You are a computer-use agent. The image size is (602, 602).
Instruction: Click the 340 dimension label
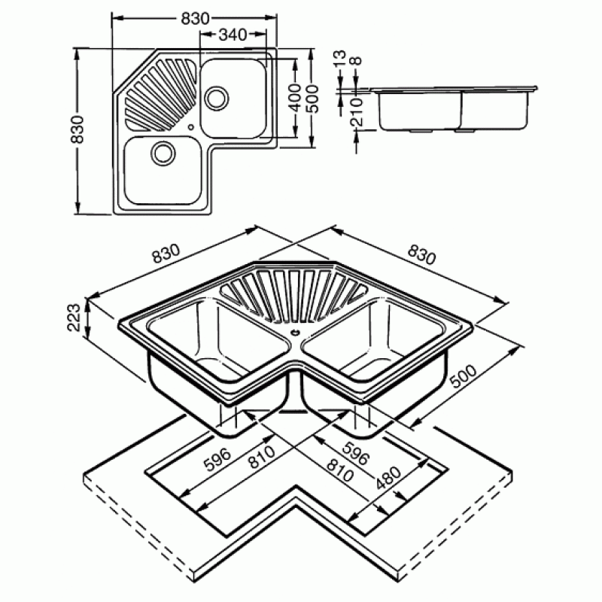pos(233,35)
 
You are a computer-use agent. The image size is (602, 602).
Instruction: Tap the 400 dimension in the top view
pos(295,98)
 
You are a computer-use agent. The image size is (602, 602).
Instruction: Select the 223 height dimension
pos(74,317)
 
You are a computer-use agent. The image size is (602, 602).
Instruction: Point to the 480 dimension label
pos(388,478)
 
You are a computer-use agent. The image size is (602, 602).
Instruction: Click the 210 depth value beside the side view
pos(357,111)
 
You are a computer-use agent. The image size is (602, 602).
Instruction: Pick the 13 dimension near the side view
pos(339,59)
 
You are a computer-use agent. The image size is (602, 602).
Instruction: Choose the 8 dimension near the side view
pos(356,61)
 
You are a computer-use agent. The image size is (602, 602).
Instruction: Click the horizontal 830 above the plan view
pos(196,18)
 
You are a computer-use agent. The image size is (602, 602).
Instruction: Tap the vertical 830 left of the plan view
pos(78,129)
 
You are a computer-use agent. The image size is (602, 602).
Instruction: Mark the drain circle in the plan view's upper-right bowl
pos(217,97)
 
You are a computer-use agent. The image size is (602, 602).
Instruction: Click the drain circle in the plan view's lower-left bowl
pos(163,153)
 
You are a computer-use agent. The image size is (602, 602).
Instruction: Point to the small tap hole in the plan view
pos(191,127)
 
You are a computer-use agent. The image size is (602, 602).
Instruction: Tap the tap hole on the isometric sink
pos(295,333)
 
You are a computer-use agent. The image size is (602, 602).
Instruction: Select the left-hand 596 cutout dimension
pos(217,459)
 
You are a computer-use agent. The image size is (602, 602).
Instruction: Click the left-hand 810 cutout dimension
pos(262,457)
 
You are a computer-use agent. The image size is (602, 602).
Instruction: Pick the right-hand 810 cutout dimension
pos(339,470)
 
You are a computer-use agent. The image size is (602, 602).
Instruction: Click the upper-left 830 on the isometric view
pos(166,253)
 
